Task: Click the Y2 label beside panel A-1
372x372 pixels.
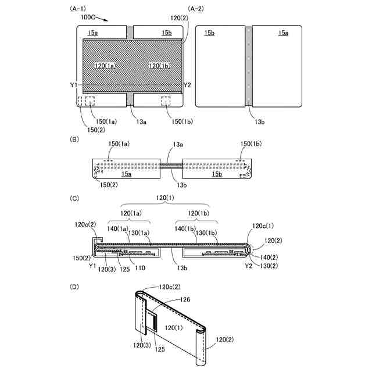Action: click(x=187, y=85)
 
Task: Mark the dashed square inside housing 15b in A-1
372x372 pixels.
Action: click(x=167, y=101)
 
